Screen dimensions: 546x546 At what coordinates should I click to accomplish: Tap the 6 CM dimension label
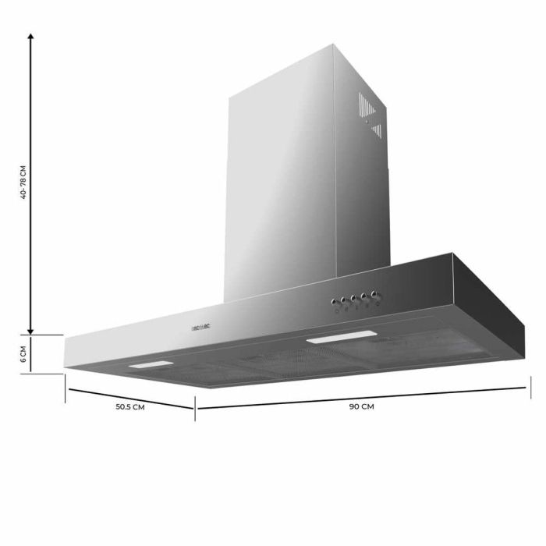coord(23,355)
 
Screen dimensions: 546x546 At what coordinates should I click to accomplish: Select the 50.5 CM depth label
coord(129,406)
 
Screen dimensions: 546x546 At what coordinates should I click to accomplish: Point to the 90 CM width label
coord(360,406)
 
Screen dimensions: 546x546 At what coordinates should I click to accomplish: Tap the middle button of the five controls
coord(354,298)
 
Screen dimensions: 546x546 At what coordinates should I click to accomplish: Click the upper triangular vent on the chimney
coord(367,104)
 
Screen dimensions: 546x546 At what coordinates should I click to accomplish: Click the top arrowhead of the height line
coord(30,37)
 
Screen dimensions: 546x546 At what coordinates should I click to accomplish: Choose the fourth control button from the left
coord(365,296)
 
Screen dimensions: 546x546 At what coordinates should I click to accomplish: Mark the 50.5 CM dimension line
coord(129,398)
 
